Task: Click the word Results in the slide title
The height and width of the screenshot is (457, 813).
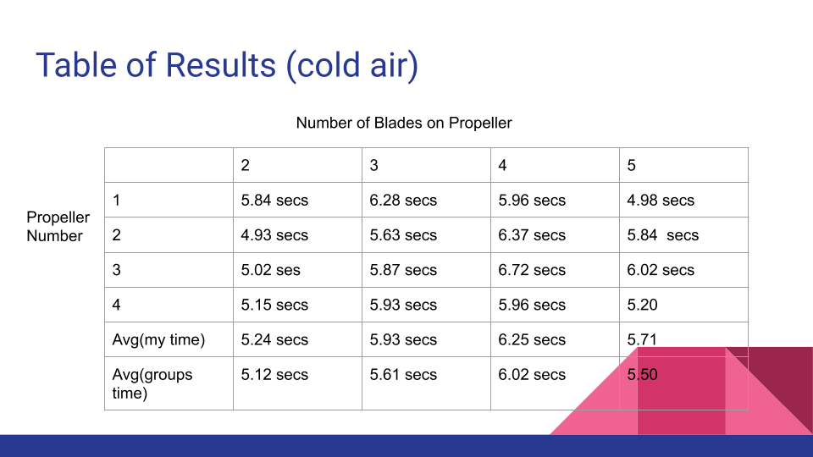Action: pyautogui.click(x=220, y=65)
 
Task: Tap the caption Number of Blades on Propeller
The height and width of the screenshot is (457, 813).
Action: pyautogui.click(x=404, y=123)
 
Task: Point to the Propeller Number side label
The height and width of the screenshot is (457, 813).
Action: pyautogui.click(x=58, y=227)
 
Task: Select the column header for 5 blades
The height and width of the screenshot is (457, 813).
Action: pyautogui.click(x=631, y=165)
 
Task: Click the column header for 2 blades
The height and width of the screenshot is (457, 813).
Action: pyautogui.click(x=246, y=165)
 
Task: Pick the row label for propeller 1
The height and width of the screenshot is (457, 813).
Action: pyautogui.click(x=116, y=200)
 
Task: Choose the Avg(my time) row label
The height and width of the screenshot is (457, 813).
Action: pyautogui.click(x=158, y=340)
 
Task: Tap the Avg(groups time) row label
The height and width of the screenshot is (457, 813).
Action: pyautogui.click(x=152, y=383)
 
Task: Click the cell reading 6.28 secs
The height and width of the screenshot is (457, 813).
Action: pyautogui.click(x=403, y=200)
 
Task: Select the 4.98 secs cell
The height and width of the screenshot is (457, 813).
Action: pyautogui.click(x=661, y=200)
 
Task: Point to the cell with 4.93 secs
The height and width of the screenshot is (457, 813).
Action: pyautogui.click(x=274, y=235)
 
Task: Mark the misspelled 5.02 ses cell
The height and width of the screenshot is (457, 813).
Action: pyautogui.click(x=270, y=270)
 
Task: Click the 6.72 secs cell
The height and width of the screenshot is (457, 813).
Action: pyautogui.click(x=532, y=270)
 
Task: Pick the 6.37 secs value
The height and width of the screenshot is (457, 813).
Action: pyautogui.click(x=532, y=235)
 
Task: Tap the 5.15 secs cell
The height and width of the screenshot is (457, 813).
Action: pyautogui.click(x=274, y=305)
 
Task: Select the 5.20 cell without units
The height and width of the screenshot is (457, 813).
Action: pyautogui.click(x=642, y=305)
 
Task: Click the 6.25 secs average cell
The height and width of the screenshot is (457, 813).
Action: pyautogui.click(x=532, y=340)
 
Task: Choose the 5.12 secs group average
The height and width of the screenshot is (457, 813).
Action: pyautogui.click(x=274, y=375)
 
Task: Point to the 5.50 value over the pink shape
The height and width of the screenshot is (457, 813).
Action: pyautogui.click(x=642, y=375)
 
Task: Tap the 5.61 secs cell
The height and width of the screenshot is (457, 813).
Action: pyautogui.click(x=403, y=375)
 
